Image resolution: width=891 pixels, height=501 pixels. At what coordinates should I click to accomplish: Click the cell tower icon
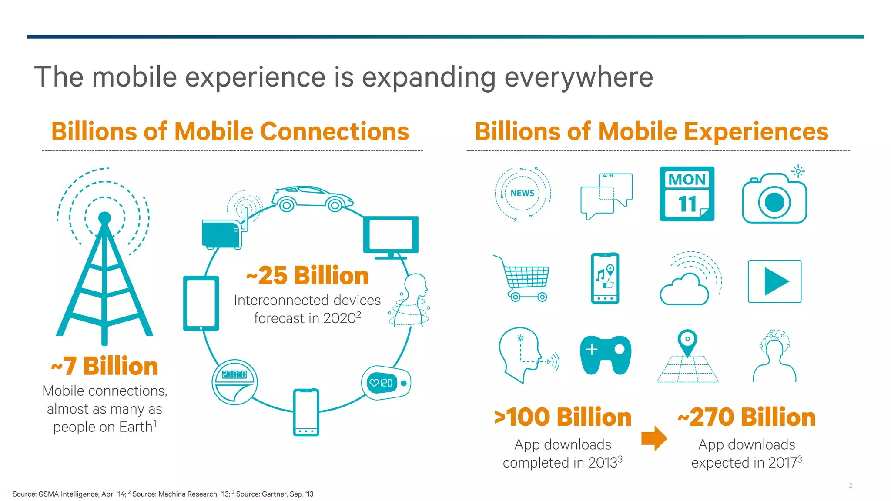[x=104, y=270]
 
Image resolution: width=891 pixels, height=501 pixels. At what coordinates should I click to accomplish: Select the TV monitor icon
[x=391, y=236]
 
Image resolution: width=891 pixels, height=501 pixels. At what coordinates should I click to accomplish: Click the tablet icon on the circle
[x=201, y=303]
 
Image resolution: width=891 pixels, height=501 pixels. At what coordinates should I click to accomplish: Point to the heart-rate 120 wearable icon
[x=386, y=383]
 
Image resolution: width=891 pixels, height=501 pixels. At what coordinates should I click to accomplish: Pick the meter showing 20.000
[x=234, y=382]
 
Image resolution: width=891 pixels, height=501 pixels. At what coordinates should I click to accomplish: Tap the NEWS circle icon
[x=523, y=193]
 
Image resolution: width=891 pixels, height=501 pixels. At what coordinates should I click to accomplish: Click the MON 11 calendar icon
[x=687, y=194]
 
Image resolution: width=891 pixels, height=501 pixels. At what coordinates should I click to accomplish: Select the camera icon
[x=774, y=199]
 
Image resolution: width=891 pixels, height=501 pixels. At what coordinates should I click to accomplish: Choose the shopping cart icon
[x=524, y=279]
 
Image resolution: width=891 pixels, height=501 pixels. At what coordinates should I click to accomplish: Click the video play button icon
[x=774, y=281]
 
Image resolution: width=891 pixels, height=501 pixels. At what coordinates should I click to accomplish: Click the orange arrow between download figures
[x=654, y=438]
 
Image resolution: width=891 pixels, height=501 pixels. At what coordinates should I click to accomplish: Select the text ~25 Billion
[x=308, y=276]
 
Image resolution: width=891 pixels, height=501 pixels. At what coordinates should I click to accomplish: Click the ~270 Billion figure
[x=747, y=417]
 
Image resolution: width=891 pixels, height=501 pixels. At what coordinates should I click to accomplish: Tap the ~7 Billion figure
[x=105, y=366]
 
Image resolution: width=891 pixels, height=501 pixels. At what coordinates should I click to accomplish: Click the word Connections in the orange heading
[x=335, y=131]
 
